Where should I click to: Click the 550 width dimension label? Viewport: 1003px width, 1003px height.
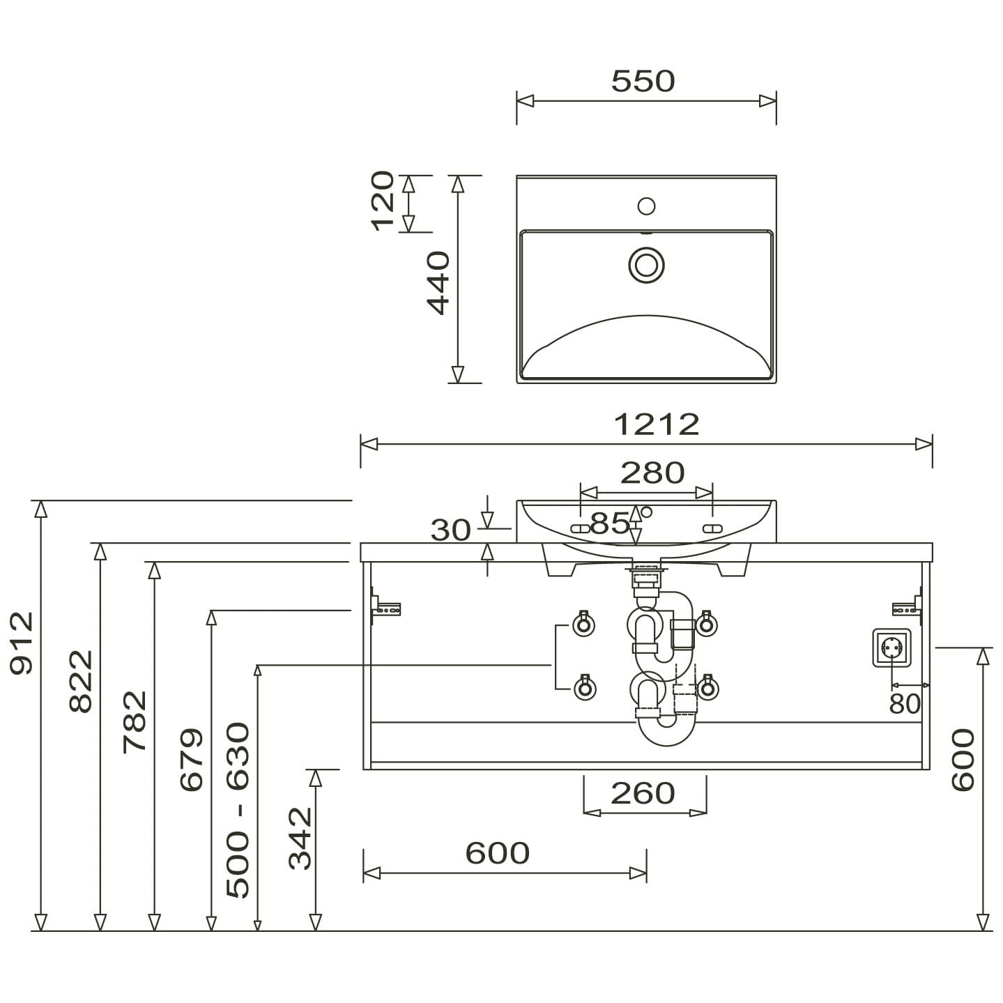pyautogui.click(x=643, y=81)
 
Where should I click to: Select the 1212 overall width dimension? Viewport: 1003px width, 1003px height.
pyautogui.click(x=656, y=424)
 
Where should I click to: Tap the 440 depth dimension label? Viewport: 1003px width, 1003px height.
pyautogui.click(x=438, y=283)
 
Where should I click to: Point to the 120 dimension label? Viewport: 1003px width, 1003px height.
pyautogui.click(x=383, y=201)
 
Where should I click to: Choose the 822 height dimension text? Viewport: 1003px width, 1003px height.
pyautogui.click(x=81, y=681)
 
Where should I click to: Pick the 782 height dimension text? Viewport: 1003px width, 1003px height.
pyautogui.click(x=135, y=721)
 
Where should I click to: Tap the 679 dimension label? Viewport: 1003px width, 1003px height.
pyautogui.click(x=192, y=760)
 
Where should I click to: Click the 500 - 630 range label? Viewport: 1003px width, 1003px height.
pyautogui.click(x=238, y=810)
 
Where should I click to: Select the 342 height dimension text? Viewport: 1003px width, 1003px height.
pyautogui.click(x=300, y=839)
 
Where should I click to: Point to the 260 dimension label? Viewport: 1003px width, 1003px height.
pyautogui.click(x=643, y=793)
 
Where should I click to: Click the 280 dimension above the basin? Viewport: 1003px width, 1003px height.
pyautogui.click(x=652, y=473)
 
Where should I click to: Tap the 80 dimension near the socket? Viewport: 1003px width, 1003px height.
pyautogui.click(x=904, y=704)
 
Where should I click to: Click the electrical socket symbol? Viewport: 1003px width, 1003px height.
pyautogui.click(x=891, y=648)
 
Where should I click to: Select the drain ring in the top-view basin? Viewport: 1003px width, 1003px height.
pyautogui.click(x=646, y=266)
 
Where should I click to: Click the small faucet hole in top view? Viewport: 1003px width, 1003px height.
pyautogui.click(x=646, y=206)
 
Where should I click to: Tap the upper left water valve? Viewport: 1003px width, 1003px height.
pyautogui.click(x=583, y=624)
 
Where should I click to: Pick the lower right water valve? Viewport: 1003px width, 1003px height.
pyautogui.click(x=707, y=688)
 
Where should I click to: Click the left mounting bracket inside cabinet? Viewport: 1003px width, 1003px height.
pyautogui.click(x=386, y=608)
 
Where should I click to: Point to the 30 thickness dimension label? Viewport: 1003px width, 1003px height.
pyautogui.click(x=450, y=530)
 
